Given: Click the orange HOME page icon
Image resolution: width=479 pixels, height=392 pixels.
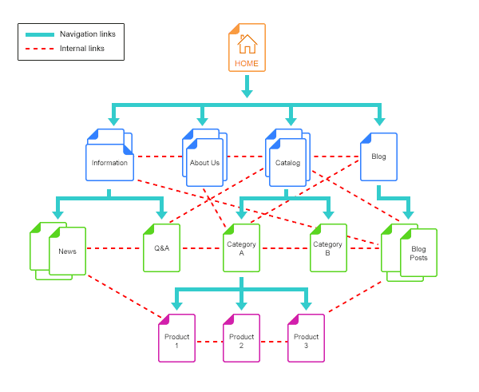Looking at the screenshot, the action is (247, 48).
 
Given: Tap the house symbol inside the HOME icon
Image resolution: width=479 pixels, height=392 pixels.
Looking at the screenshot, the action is (247, 44).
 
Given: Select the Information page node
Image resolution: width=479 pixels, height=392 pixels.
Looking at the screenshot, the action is (109, 155).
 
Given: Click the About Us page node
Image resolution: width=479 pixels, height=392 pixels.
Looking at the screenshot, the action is (204, 157).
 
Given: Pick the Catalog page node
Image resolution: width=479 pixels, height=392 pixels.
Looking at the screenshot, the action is (287, 157).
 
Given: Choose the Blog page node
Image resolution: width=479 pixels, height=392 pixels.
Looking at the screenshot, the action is (378, 156).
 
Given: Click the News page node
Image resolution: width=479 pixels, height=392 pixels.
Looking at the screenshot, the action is (57, 251).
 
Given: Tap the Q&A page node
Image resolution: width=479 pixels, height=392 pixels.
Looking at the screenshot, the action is (161, 247).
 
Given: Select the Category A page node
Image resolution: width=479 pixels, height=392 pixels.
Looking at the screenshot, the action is (241, 247).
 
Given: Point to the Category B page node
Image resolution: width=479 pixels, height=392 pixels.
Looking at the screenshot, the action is (328, 247).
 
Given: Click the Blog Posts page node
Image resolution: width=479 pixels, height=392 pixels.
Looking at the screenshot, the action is (409, 252).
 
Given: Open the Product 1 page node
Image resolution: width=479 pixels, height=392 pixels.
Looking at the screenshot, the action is (177, 338).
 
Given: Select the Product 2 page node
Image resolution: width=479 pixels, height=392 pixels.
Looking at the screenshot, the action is (241, 338).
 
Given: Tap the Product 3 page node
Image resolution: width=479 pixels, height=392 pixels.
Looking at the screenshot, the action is (306, 338).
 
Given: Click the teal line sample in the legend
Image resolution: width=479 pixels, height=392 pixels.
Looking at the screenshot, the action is (40, 34).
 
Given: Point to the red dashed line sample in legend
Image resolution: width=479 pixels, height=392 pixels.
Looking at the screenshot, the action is (40, 49).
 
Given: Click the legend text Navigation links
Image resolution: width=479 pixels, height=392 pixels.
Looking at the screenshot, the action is (88, 34).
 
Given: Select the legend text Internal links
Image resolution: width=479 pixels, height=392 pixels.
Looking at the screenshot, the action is (82, 48).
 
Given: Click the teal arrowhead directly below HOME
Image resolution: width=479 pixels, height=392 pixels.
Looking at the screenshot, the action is (247, 93).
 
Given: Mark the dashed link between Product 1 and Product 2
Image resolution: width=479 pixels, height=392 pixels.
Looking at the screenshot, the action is (209, 342).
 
